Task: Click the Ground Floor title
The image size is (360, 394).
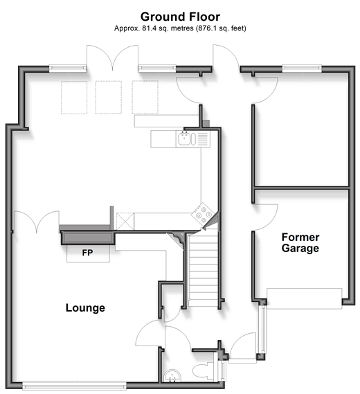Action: [x=180, y=17]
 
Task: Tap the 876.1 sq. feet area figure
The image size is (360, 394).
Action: [x=221, y=28]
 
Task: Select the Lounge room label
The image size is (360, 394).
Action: [x=85, y=308]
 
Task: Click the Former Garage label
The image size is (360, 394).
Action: [x=300, y=243]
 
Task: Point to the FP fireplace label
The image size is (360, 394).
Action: [x=87, y=253]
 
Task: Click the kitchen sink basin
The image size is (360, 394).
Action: [x=185, y=139]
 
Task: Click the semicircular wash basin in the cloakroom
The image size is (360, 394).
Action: [x=172, y=375]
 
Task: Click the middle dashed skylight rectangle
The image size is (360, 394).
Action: [x=109, y=97]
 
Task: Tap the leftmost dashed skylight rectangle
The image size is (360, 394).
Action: [x=74, y=98]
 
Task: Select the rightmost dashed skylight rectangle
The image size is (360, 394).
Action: [x=145, y=97]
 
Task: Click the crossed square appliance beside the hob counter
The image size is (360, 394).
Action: [x=125, y=221]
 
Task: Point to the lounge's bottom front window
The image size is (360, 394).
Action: [x=74, y=386]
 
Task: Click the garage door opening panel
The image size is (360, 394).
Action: [x=304, y=298]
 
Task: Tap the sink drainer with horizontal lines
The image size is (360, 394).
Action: [x=203, y=139]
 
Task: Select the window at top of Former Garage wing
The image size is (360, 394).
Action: [x=302, y=69]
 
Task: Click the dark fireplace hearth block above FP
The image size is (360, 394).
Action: [x=88, y=238]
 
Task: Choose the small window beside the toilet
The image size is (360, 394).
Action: [x=223, y=371]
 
